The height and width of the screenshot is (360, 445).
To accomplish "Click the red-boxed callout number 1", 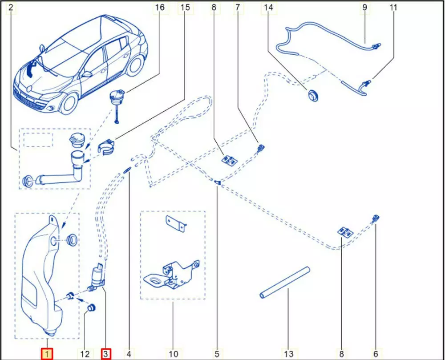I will pos(47,354).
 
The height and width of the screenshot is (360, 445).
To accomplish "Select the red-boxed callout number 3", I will pos(106,354).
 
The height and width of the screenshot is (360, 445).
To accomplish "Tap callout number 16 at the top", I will pos(160,8).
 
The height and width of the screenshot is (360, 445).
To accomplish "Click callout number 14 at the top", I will pos(268,8).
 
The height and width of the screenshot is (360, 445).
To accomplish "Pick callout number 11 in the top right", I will pos(393,8).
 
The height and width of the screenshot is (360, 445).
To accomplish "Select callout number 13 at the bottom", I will pos(289,354).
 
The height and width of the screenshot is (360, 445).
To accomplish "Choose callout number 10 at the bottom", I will pos(173,354).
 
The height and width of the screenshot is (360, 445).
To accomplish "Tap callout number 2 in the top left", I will pos(11,8).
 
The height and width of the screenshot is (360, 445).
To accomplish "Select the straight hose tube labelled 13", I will pos(284,282).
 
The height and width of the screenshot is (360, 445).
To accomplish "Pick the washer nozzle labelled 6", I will pos(376,218).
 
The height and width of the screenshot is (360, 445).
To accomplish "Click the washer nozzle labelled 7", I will pos(261,148).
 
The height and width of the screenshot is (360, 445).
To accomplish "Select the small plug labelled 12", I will pos(92,308).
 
